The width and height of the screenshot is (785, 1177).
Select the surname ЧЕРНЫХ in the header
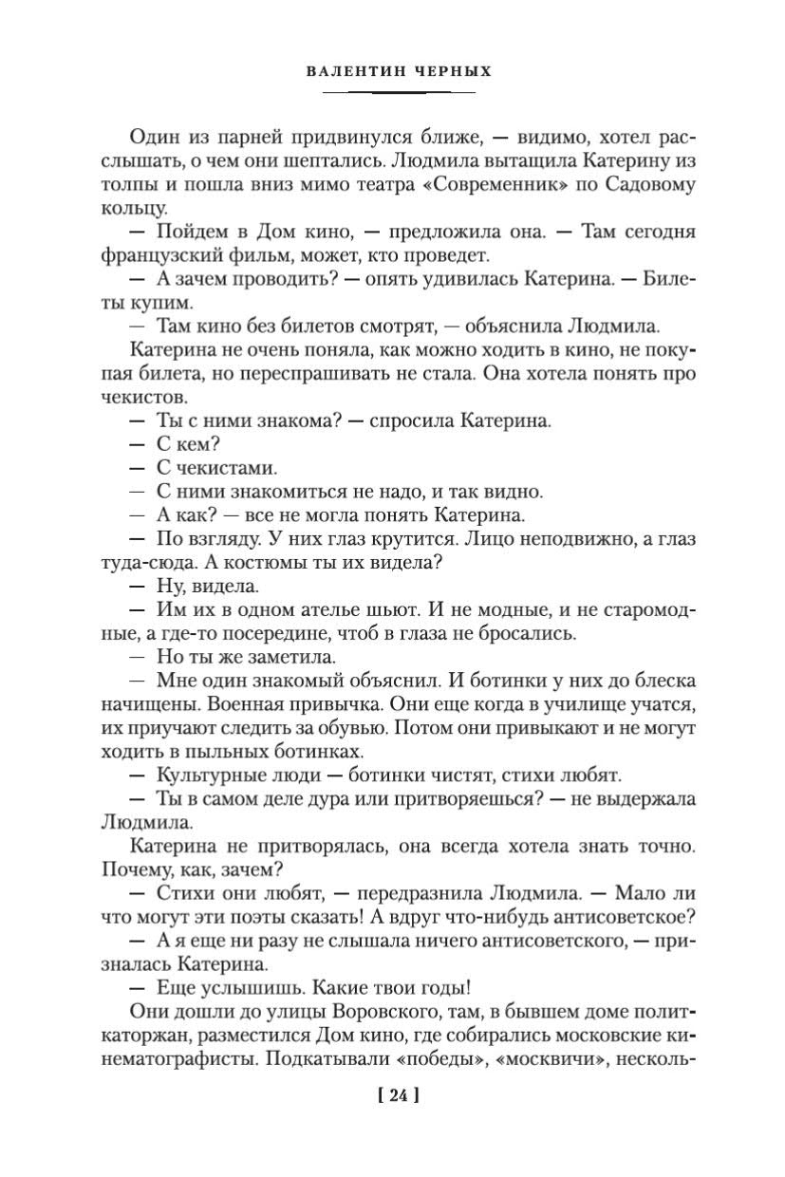(x=443, y=73)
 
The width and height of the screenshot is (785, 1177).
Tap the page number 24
(x=398, y=1095)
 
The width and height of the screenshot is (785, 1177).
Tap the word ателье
(x=308, y=609)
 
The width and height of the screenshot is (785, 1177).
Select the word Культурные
(x=204, y=775)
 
